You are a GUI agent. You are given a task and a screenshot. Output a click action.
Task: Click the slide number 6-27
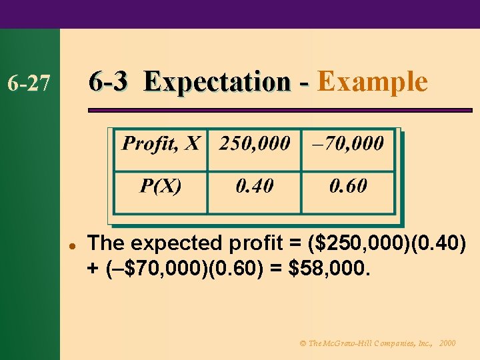[x=28, y=84]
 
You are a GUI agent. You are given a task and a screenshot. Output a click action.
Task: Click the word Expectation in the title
[x=217, y=83]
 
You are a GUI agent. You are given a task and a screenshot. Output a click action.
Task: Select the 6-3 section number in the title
[x=110, y=82]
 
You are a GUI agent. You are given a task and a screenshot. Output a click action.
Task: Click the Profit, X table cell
[x=160, y=143]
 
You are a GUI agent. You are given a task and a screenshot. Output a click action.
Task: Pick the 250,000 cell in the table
[x=255, y=143]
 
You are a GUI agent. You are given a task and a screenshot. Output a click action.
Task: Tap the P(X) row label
[x=160, y=185]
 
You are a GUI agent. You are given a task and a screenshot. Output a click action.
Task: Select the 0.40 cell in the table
[x=255, y=185]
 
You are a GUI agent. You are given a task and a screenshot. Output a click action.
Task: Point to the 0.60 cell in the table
[x=348, y=185]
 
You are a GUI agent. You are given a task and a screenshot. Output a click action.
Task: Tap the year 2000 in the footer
[x=448, y=343]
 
